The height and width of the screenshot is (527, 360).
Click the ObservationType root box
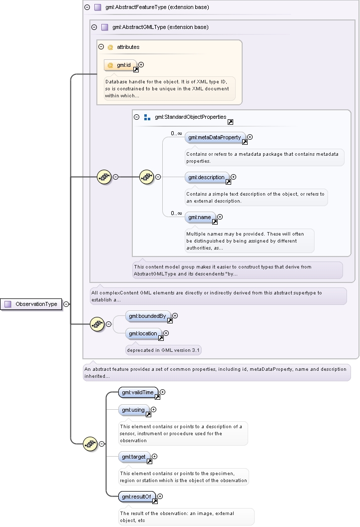[x=31, y=304]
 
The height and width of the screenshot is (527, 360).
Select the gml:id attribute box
[x=120, y=65]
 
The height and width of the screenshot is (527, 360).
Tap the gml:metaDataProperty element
[x=215, y=137]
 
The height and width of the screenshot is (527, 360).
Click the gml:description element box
[x=207, y=178]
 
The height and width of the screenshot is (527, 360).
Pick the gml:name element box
[x=200, y=218]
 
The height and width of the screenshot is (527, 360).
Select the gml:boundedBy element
[x=148, y=316]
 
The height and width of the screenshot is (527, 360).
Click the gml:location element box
[x=143, y=334]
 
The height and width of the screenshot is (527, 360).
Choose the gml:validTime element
[x=138, y=393]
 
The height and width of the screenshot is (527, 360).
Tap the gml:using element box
[x=134, y=410]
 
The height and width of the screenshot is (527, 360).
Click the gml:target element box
[x=134, y=457]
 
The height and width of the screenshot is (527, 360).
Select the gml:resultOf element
[x=137, y=497]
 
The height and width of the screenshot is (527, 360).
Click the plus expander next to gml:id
[x=141, y=64]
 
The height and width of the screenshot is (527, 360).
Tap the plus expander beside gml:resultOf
[x=160, y=496]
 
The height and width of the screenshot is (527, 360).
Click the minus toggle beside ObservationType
[x=66, y=304]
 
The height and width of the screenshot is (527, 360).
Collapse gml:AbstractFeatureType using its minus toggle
[x=87, y=7]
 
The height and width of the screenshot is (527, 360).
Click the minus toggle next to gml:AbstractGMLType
[x=94, y=27]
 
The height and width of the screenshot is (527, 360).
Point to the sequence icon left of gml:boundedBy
[x=97, y=324]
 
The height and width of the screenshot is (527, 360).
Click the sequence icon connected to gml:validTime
[x=90, y=444]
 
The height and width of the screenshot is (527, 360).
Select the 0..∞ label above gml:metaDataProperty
[x=176, y=134]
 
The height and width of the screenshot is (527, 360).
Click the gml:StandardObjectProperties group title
[x=191, y=117]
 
